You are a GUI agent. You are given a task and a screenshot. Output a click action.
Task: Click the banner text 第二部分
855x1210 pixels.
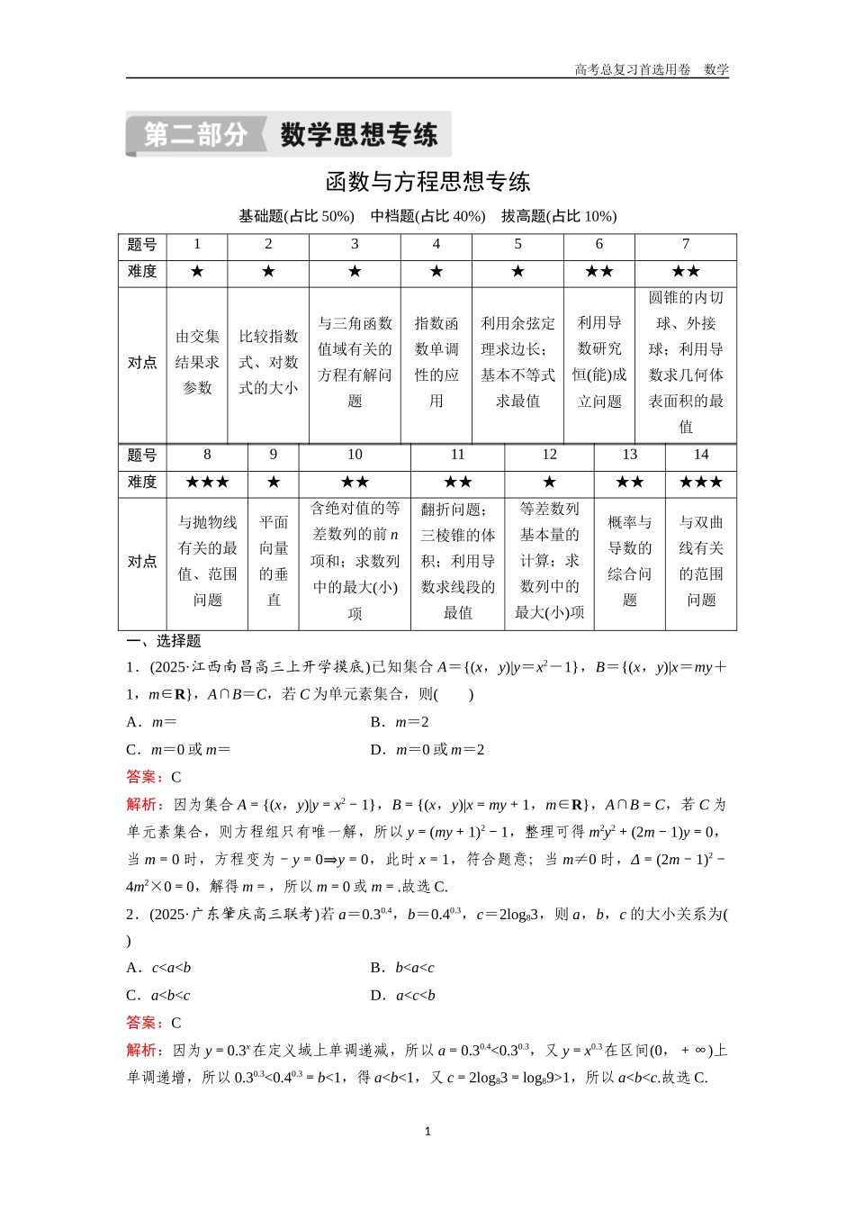coord(195,135)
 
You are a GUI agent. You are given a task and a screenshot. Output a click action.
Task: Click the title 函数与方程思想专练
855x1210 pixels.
coord(427,182)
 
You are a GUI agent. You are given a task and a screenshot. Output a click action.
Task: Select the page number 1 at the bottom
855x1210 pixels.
coord(427,1131)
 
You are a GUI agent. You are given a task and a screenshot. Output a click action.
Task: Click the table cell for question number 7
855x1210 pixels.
coord(686,244)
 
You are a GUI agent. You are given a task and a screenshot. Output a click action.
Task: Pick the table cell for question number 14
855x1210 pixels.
coord(701,455)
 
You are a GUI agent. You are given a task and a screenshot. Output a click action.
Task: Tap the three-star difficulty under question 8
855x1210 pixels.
coord(207,483)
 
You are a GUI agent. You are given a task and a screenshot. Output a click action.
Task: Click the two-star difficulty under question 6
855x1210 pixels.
coord(599,272)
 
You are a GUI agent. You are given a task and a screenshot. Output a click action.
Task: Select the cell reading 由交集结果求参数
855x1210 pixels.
coord(197,362)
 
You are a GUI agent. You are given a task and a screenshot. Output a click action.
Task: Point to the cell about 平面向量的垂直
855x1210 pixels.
coord(274,561)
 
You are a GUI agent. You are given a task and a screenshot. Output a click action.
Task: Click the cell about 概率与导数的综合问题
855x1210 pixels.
coord(630,561)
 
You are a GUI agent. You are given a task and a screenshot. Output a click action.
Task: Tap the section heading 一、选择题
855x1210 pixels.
coord(164,641)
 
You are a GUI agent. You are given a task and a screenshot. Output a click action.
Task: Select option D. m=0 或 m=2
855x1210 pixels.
coord(427,750)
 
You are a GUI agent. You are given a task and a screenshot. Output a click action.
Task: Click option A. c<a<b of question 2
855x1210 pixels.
coord(159,968)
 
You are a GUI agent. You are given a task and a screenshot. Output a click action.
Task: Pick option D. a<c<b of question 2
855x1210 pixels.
coord(403,996)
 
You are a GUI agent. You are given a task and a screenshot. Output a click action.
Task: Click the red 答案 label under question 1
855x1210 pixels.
coord(144,777)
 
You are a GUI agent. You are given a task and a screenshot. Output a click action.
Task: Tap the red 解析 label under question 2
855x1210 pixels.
coord(144,1050)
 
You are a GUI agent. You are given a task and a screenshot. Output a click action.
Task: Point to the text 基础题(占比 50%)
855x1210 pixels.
coord(296,216)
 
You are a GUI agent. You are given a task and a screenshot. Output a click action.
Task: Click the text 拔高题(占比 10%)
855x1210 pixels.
coord(559,216)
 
